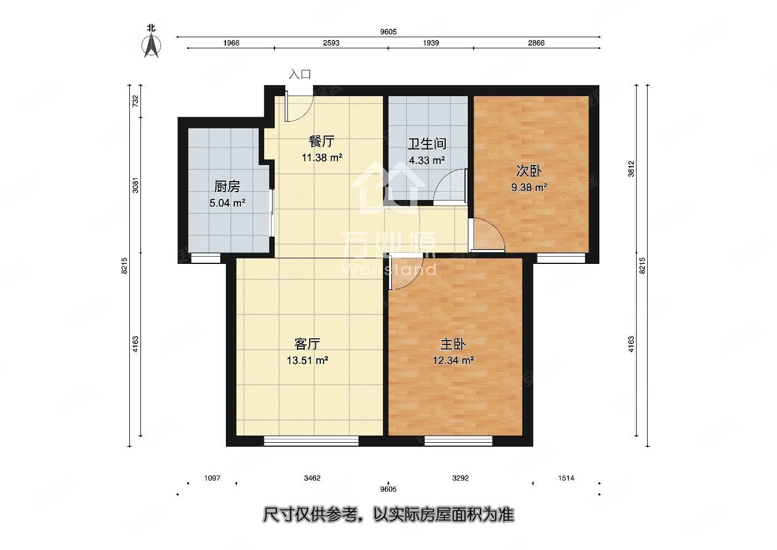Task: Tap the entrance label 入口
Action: [300, 74]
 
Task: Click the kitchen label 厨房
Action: [227, 187]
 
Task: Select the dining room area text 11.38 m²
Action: [321, 158]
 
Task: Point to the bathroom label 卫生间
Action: [427, 144]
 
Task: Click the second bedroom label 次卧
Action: [529, 171]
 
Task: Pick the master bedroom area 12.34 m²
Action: [453, 360]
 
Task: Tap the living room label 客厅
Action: [307, 344]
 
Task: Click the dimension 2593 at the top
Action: [331, 43]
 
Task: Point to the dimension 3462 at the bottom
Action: [312, 478]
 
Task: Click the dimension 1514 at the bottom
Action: [566, 478]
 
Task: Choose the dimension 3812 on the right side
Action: [631, 169]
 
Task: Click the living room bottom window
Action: [311, 441]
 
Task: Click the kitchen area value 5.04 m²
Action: [227, 203]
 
